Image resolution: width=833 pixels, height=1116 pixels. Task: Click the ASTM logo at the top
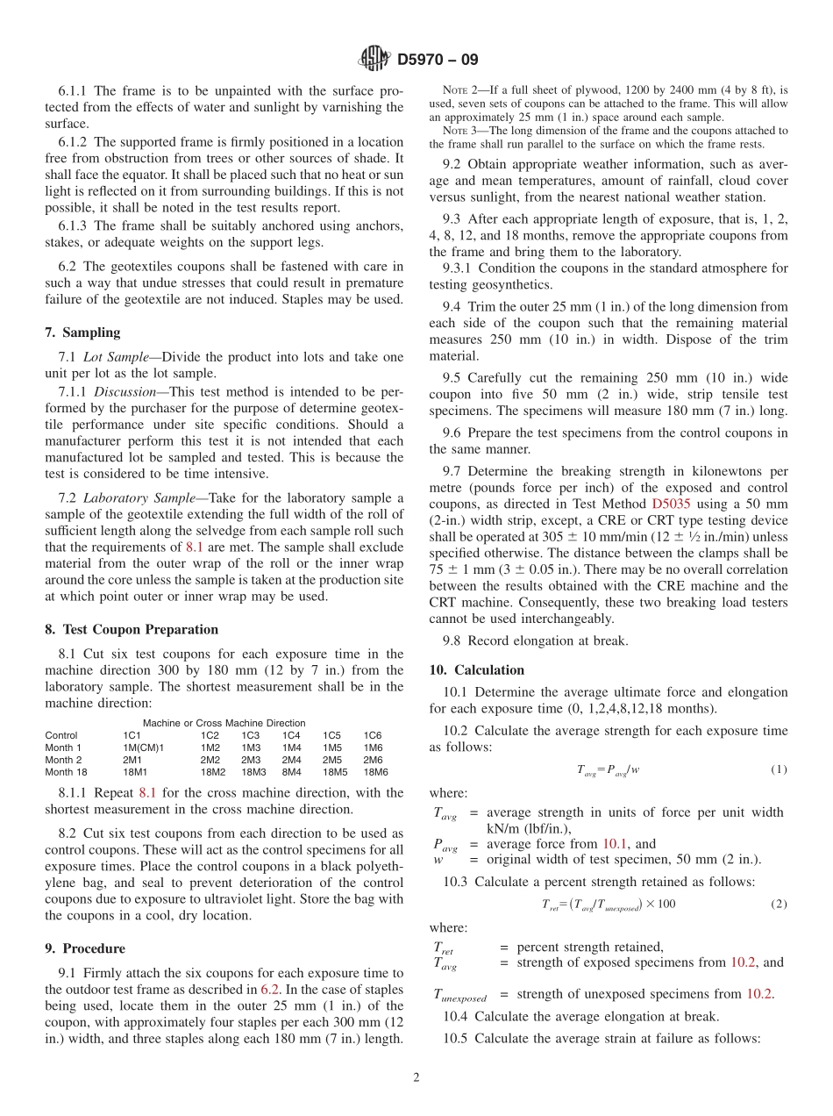(x=374, y=60)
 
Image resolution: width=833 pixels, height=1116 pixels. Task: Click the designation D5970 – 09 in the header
(x=438, y=61)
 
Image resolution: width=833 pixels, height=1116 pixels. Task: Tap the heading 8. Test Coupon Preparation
(x=132, y=629)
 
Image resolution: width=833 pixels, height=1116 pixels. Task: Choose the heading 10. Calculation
(x=476, y=669)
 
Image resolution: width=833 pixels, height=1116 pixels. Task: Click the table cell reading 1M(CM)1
(x=143, y=748)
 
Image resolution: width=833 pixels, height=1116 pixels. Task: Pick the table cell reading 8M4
(x=292, y=772)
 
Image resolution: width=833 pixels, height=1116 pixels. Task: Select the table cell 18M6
(x=375, y=772)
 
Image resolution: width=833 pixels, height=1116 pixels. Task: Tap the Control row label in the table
(x=61, y=735)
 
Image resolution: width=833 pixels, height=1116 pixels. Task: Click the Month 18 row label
(x=66, y=772)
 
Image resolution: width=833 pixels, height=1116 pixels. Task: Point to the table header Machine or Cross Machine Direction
(x=224, y=723)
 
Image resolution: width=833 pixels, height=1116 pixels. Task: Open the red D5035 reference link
(x=671, y=504)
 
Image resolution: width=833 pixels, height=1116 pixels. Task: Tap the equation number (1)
(x=779, y=769)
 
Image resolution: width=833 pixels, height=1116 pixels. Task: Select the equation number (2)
(x=779, y=904)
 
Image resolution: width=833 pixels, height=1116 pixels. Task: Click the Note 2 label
(x=459, y=90)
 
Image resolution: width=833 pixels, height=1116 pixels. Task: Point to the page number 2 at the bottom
(x=416, y=1078)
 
